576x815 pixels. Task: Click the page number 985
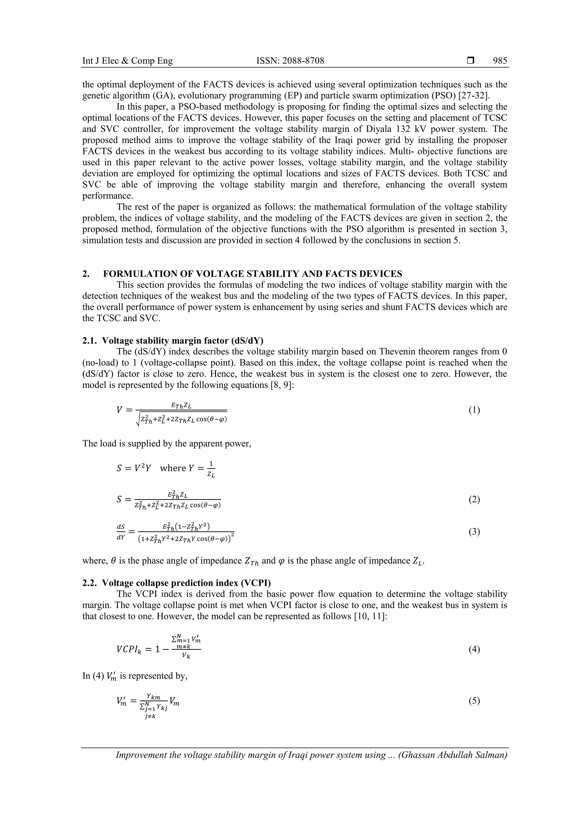500,61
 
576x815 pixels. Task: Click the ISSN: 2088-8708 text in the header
290,61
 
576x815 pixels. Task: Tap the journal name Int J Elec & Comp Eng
127,61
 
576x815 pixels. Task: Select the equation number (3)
474,532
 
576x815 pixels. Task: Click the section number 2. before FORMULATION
85,274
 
